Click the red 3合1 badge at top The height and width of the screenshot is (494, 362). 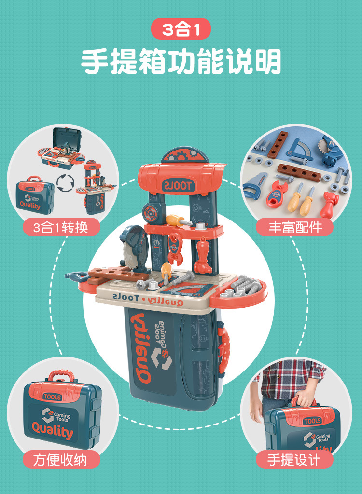click(x=181, y=29)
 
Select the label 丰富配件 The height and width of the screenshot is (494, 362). click(x=295, y=227)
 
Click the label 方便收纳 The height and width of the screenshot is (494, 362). click(x=60, y=459)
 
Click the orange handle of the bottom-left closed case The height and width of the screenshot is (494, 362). click(x=61, y=375)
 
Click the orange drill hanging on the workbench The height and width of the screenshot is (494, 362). click(x=202, y=256)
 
